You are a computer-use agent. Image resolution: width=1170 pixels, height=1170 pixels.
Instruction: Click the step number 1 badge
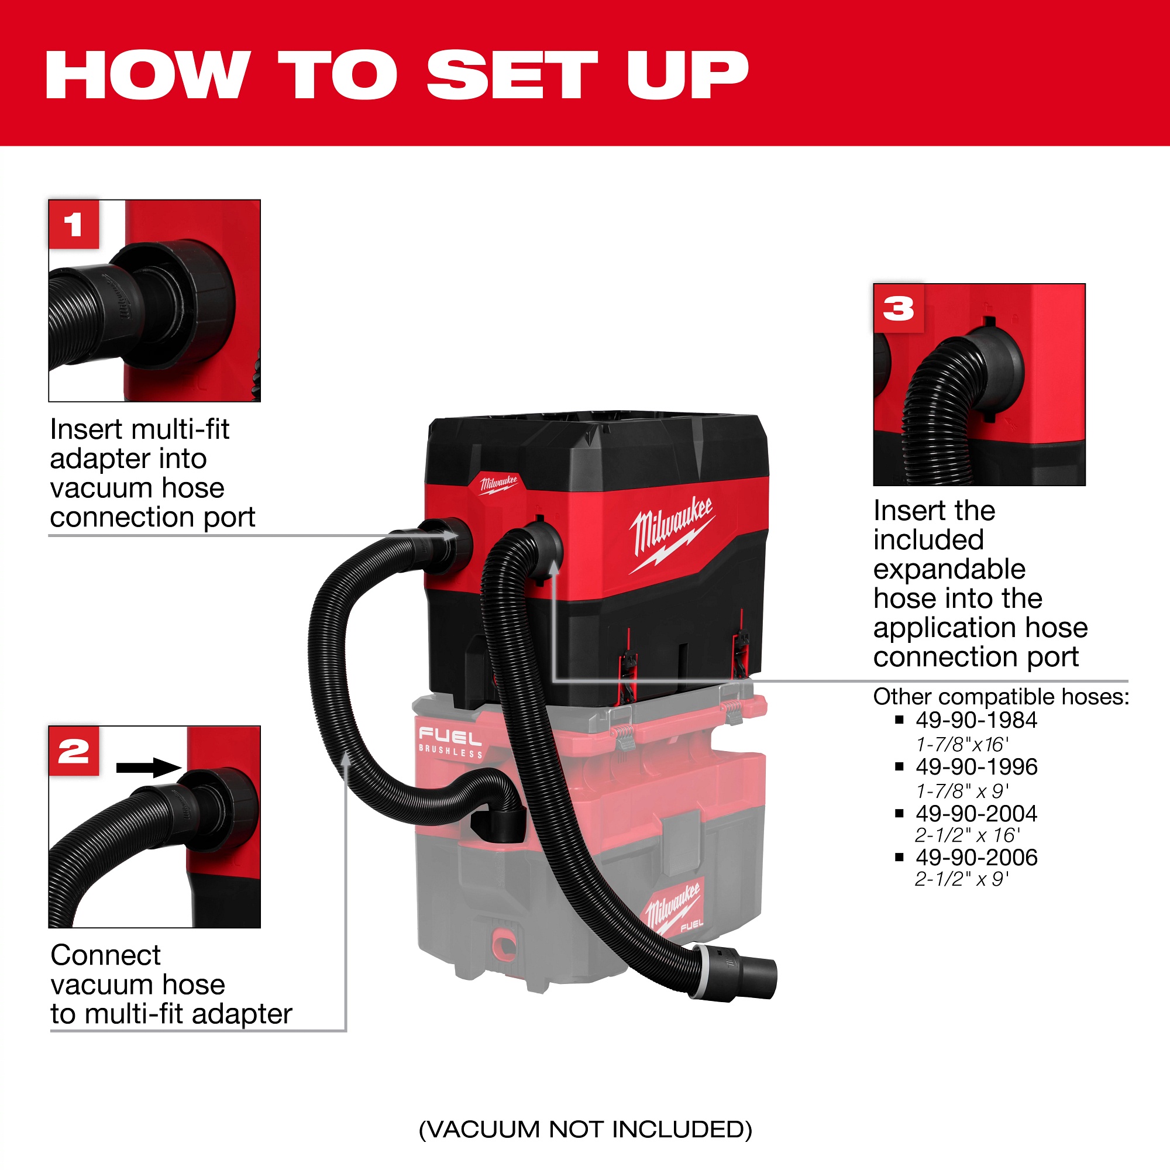click(x=74, y=224)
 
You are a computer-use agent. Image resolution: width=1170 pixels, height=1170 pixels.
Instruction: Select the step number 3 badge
click(x=899, y=308)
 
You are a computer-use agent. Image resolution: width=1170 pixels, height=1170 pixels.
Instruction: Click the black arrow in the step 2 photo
click(x=149, y=768)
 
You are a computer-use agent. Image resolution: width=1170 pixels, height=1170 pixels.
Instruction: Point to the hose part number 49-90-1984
click(x=976, y=720)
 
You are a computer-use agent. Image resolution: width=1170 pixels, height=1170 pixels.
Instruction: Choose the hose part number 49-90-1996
click(x=976, y=767)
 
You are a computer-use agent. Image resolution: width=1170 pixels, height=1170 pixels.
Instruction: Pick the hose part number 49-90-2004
click(x=976, y=813)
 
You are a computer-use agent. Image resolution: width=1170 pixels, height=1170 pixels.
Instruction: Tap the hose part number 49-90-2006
click(x=976, y=857)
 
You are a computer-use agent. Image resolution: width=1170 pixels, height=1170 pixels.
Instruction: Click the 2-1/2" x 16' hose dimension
click(x=967, y=836)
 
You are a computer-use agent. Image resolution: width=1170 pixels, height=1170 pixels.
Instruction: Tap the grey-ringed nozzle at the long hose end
click(x=734, y=973)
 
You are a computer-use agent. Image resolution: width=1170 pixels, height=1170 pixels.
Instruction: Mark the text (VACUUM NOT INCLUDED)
click(x=585, y=1130)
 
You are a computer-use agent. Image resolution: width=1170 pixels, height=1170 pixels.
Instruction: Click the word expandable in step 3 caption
click(x=949, y=569)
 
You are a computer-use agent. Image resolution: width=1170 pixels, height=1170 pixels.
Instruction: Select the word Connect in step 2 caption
click(x=105, y=956)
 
